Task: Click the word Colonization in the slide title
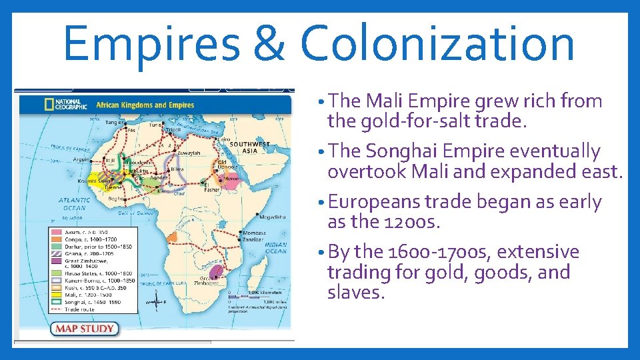pyautogui.click(x=437, y=43)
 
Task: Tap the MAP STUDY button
pyautogui.click(x=84, y=329)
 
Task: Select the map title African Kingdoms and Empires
pyautogui.click(x=145, y=105)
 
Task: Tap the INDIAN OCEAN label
pyautogui.click(x=275, y=248)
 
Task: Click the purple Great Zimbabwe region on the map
pyautogui.click(x=215, y=271)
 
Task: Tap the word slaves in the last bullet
pyautogui.click(x=355, y=293)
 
